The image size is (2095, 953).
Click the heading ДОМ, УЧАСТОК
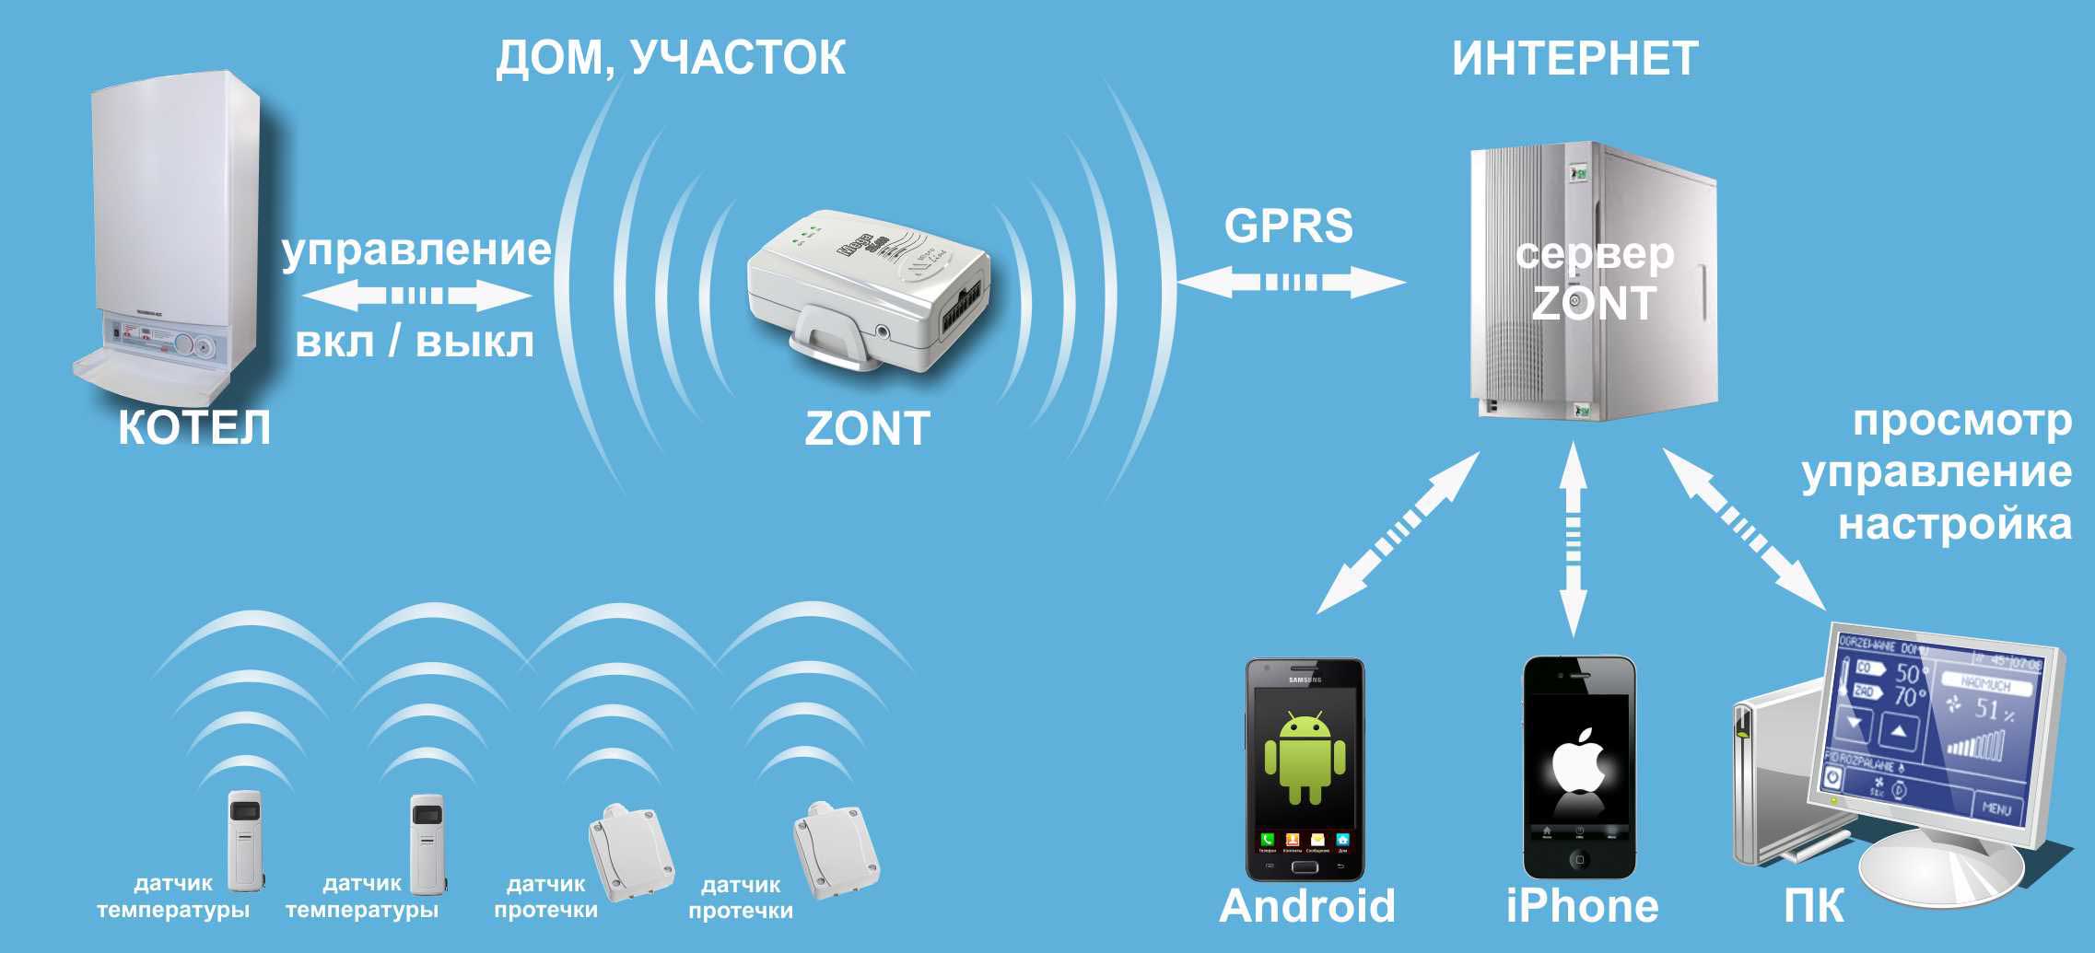click(670, 58)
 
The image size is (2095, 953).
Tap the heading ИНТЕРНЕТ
click(1574, 59)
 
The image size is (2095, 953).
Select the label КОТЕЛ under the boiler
click(194, 428)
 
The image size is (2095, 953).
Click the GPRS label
click(1288, 227)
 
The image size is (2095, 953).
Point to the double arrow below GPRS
click(1292, 281)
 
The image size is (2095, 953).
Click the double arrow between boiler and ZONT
click(417, 296)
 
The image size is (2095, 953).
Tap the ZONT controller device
click(866, 295)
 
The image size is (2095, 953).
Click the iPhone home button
click(1579, 860)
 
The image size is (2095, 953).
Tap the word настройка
click(1955, 524)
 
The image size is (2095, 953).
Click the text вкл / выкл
click(415, 343)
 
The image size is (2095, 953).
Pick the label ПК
click(1813, 906)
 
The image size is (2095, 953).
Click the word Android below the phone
click(1306, 906)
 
